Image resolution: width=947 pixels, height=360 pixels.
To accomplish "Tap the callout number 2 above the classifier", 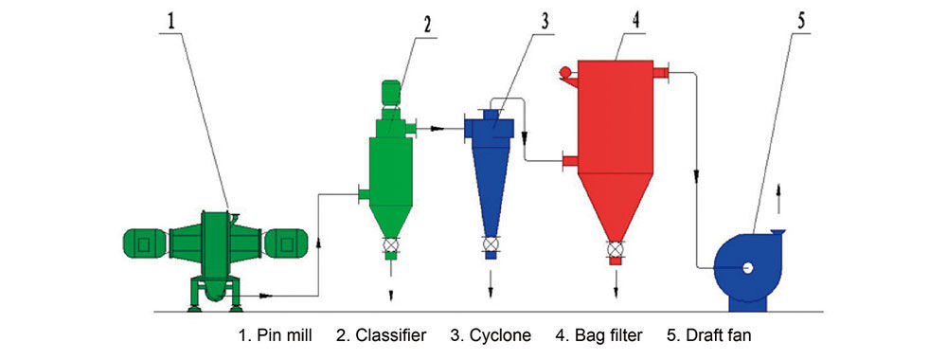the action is pyautogui.click(x=427, y=25).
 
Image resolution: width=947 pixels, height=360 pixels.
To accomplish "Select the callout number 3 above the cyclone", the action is pyautogui.click(x=545, y=22).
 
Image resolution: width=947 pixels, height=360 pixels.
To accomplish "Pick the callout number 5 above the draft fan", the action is pyautogui.click(x=801, y=21).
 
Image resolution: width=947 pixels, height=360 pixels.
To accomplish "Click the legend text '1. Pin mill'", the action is pyautogui.click(x=276, y=335).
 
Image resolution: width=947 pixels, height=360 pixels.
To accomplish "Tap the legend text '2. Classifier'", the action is pyautogui.click(x=381, y=335).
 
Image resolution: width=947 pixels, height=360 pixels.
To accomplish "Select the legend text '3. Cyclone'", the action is pyautogui.click(x=491, y=335).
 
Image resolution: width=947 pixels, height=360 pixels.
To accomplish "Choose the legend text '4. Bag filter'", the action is pyautogui.click(x=599, y=335).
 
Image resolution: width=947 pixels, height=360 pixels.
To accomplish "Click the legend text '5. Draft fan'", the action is pyautogui.click(x=709, y=335).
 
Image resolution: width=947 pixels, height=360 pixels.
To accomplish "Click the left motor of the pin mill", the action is pyautogui.click(x=144, y=243).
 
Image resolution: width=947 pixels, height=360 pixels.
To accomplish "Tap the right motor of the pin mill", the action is pyautogui.click(x=286, y=243).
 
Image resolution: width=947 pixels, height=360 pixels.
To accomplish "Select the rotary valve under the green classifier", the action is pyautogui.click(x=391, y=244).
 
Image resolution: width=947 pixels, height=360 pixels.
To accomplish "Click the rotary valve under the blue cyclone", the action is pyautogui.click(x=491, y=244).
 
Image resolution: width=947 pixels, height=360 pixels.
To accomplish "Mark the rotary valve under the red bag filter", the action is pyautogui.click(x=615, y=249).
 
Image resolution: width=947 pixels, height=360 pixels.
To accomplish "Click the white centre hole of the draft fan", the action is pyautogui.click(x=748, y=267).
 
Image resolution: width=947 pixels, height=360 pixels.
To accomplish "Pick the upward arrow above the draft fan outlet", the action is pyautogui.click(x=777, y=198).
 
